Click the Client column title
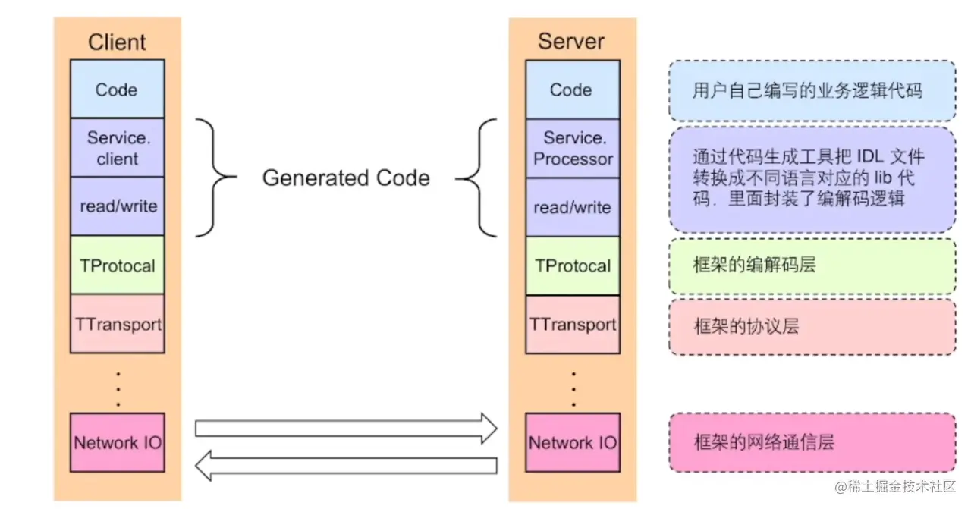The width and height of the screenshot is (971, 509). click(117, 42)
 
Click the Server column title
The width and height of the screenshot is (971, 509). click(571, 41)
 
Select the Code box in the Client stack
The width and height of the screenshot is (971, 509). click(117, 90)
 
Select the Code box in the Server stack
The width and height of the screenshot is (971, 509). click(571, 90)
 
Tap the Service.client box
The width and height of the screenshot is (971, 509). click(117, 148)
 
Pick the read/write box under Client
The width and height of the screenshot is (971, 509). click(117, 206)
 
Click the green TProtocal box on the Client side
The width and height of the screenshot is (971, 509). click(117, 265)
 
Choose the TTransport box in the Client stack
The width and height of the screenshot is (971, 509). click(117, 325)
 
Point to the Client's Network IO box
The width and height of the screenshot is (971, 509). click(117, 442)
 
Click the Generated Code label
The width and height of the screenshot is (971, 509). click(346, 178)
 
